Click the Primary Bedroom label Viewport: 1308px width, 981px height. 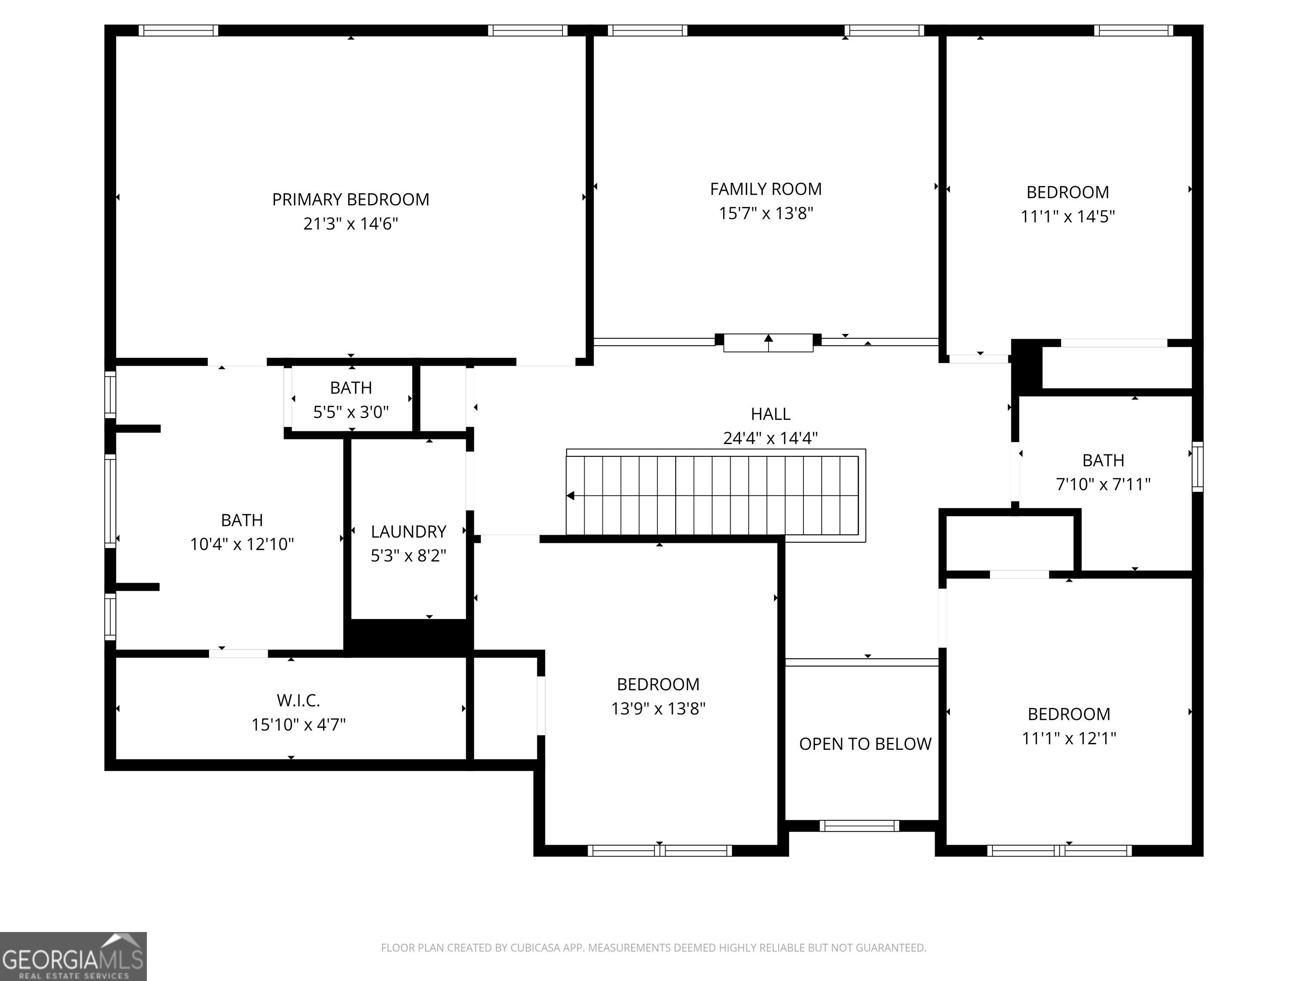point(351,200)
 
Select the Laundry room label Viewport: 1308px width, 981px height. point(409,532)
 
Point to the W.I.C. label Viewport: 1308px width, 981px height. point(298,701)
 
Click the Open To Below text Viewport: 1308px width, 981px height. point(865,744)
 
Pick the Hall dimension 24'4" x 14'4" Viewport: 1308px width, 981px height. point(771,438)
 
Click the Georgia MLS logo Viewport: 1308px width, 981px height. point(73,956)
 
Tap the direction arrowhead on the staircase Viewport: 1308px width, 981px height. point(571,496)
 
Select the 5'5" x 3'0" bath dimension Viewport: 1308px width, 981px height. point(351,412)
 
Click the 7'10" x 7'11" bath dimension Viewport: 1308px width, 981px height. point(1103,484)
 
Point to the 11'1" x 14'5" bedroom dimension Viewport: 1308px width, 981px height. point(1068,216)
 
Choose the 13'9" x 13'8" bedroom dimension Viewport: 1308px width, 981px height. point(658,708)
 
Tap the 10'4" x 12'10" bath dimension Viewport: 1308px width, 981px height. point(242,544)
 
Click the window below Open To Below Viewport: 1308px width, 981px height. point(859,826)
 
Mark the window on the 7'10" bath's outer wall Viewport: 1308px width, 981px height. point(1197,467)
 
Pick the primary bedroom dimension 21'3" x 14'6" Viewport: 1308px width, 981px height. point(351,224)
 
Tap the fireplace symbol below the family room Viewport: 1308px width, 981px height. point(768,342)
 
